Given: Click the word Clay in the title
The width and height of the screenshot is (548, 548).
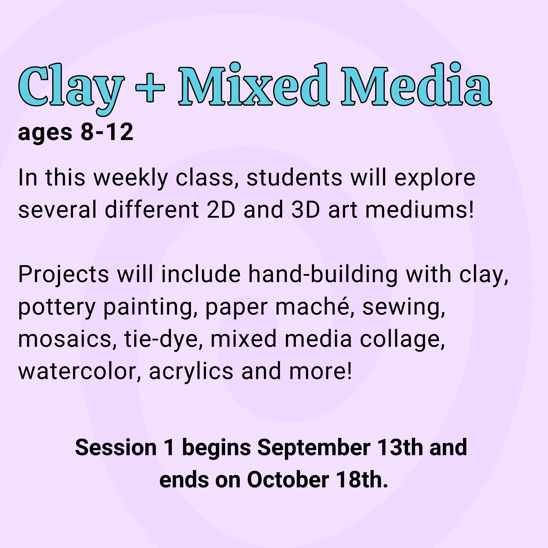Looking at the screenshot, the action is click(71, 87).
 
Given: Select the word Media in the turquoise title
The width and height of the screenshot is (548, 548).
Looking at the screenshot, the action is click(416, 84).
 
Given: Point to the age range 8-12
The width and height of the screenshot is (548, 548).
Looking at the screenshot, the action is click(107, 132).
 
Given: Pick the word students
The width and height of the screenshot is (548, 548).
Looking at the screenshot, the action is click(294, 178).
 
